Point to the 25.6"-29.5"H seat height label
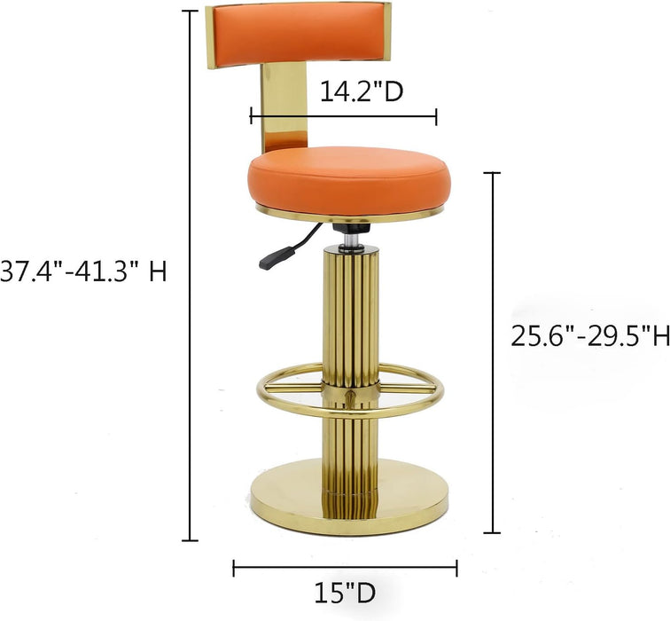(x=589, y=336)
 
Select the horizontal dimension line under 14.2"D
(x=344, y=115)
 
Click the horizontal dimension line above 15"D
(x=345, y=565)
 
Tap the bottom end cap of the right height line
(x=492, y=532)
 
